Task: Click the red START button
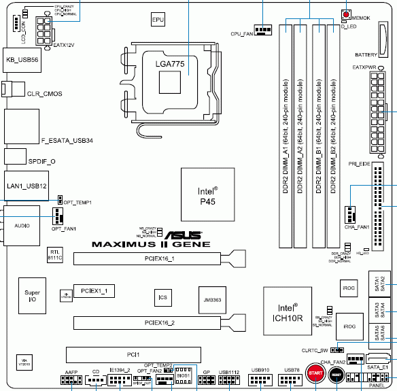pyautogui.click(x=315, y=375)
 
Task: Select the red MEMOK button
pyautogui.click(x=347, y=15)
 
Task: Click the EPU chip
pyautogui.click(x=158, y=21)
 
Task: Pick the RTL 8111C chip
pyautogui.click(x=56, y=256)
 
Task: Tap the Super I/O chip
pyautogui.click(x=32, y=297)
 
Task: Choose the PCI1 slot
pyautogui.click(x=133, y=354)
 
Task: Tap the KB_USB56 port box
pyautogui.click(x=22, y=60)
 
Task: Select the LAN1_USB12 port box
pyautogui.click(x=26, y=185)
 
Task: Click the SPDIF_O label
pyautogui.click(x=41, y=161)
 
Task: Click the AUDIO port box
pyautogui.click(x=22, y=224)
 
